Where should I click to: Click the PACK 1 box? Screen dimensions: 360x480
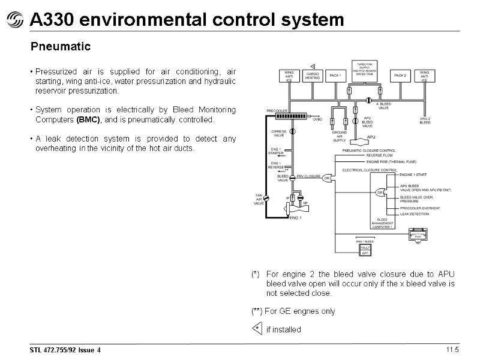335,76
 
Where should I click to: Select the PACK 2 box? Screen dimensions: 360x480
400,76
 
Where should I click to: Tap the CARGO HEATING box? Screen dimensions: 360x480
312,76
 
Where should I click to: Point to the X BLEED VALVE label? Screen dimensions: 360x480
385,106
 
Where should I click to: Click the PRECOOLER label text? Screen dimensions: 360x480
277,111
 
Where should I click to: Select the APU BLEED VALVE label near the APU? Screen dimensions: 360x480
367,122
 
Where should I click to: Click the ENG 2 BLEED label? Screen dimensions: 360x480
425,121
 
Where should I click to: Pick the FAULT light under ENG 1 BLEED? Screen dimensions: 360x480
364,247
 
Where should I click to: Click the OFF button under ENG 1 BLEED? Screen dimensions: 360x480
364,253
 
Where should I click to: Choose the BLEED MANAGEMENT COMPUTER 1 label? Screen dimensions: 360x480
382,224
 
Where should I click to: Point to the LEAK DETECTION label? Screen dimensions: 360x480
415,214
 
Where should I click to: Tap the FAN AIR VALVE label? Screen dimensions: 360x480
259,199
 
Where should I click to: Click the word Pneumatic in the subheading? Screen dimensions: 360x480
61,46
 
